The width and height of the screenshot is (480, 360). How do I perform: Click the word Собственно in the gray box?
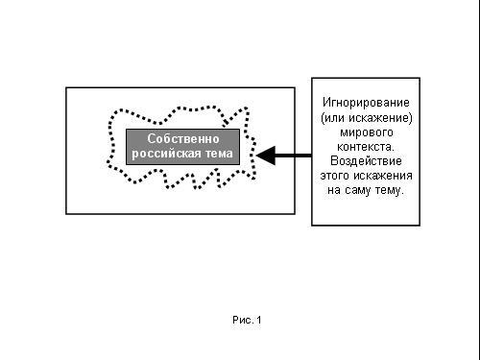183,138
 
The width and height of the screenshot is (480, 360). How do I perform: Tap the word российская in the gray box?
166,154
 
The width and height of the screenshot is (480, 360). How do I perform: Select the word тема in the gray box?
219,154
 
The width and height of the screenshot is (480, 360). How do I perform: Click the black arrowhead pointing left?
266,156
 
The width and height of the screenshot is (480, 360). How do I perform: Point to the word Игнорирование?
366,103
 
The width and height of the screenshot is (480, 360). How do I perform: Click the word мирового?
367,132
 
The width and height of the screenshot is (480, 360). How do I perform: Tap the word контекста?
366,147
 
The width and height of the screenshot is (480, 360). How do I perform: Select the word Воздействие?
366,160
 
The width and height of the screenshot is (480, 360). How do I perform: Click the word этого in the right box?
336,176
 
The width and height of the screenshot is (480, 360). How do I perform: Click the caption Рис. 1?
247,320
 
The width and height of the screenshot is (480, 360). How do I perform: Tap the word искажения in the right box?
383,176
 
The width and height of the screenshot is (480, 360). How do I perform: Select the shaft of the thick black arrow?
293,156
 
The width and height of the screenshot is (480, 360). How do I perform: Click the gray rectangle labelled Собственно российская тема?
182,147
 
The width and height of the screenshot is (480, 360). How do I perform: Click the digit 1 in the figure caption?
258,320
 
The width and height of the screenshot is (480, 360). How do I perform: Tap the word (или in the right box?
333,118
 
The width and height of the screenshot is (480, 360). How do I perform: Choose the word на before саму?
334,190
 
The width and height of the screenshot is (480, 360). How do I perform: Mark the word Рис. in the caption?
243,320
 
